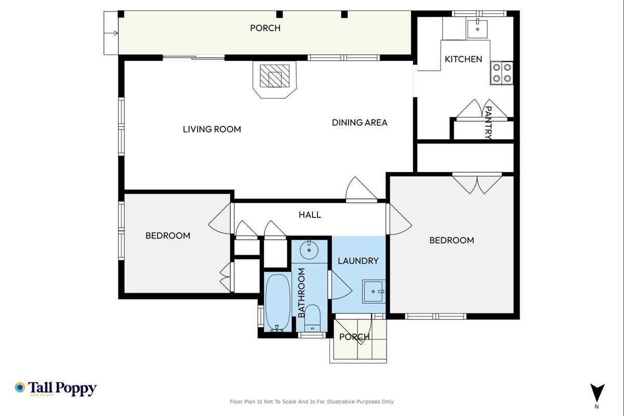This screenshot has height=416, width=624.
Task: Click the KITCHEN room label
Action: [x=463, y=59]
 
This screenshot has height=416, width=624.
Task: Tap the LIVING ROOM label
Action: [x=211, y=129]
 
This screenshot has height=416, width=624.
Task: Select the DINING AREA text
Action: [x=360, y=122]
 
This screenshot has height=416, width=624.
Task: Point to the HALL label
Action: [x=310, y=215]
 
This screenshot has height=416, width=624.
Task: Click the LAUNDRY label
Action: [x=358, y=261]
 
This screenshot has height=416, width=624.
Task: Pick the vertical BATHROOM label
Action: [x=301, y=293]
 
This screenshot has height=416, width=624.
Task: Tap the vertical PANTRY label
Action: [x=488, y=123]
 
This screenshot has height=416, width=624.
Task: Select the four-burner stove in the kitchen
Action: [x=502, y=73]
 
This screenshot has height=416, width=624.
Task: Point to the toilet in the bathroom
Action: [x=312, y=318]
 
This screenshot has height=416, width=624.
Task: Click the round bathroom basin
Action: [x=309, y=250]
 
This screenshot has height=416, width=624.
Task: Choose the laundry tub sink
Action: [x=374, y=291]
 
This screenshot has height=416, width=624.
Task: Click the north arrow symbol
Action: [x=598, y=393]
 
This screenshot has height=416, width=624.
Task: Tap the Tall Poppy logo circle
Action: [x=20, y=387]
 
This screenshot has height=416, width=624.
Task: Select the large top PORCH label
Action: [x=265, y=28]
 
